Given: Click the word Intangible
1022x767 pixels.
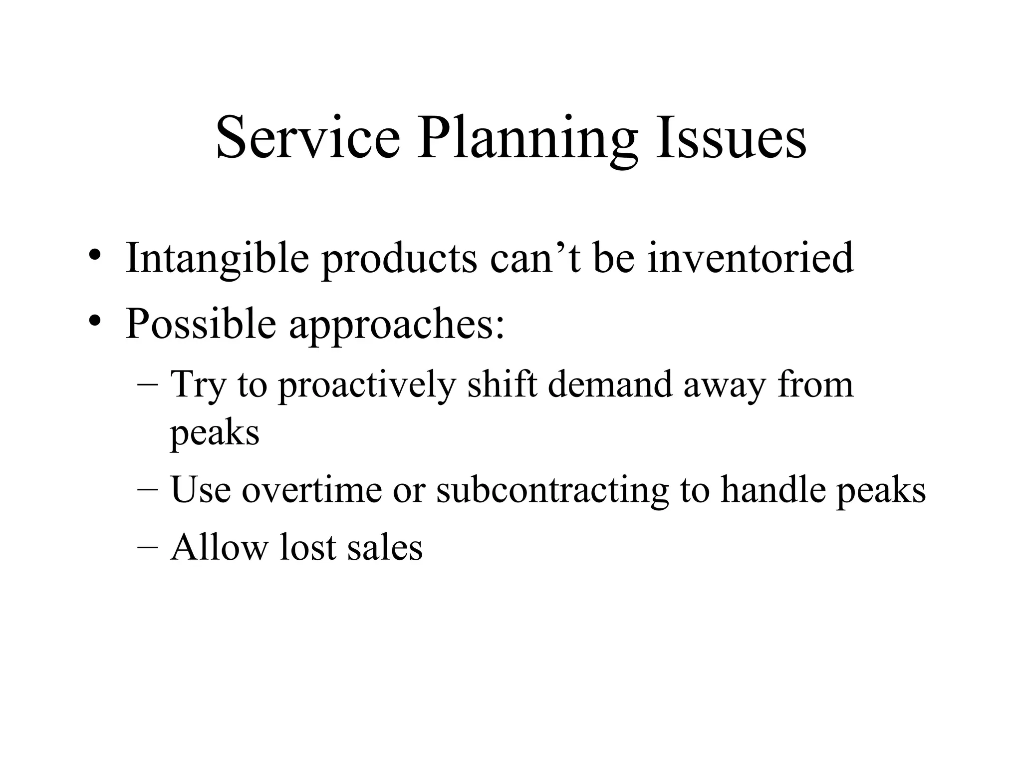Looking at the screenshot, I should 217,259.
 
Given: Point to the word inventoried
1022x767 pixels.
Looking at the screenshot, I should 751,258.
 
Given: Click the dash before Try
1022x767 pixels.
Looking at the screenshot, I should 148,385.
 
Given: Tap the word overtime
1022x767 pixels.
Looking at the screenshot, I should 312,490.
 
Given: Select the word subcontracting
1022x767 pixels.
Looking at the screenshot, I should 552,491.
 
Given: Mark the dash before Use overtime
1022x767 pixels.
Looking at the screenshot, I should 148,490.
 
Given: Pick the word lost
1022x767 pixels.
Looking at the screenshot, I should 308,547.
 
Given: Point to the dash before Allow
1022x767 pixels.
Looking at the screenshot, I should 148,548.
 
